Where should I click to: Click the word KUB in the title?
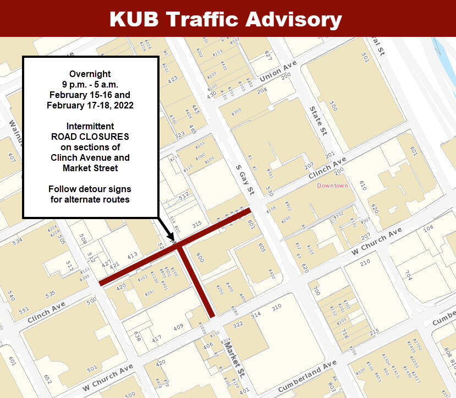point(135,19)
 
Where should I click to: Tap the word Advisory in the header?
point(293,19)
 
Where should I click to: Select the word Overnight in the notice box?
point(90,74)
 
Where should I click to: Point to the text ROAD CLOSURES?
point(90,137)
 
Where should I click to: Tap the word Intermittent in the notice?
point(90,127)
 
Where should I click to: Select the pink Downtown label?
point(332,186)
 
